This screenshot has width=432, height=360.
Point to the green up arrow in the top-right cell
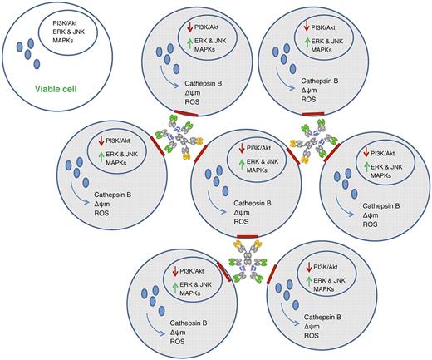(309, 42)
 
